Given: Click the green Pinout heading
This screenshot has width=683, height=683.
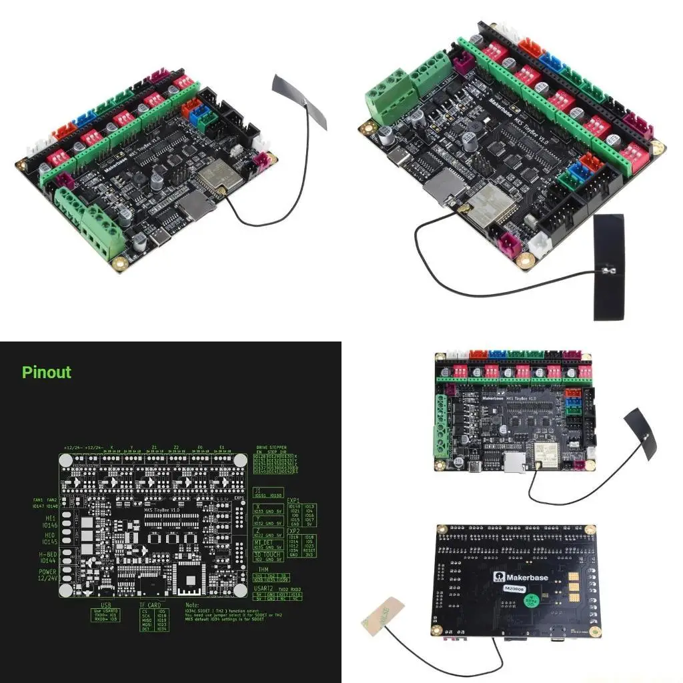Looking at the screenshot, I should [46, 372].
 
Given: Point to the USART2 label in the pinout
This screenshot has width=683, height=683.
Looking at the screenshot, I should [266, 589].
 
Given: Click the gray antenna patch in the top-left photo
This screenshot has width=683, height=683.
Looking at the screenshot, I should [300, 102].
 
